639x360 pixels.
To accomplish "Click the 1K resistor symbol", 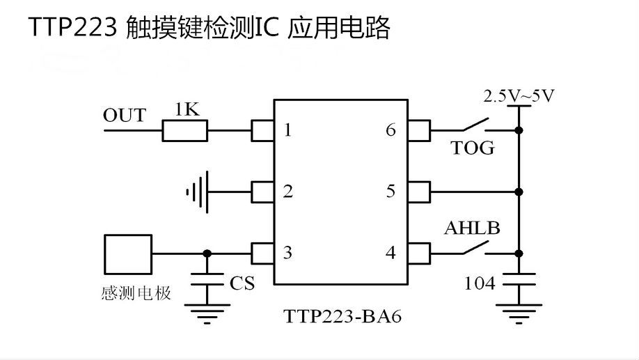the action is pos(185,130).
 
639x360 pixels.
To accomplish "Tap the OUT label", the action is pos(125,116).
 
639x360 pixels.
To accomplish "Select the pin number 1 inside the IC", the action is pos(287,130).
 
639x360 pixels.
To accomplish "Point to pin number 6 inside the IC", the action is pos(390,130).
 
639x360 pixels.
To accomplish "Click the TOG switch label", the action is pos(473,148).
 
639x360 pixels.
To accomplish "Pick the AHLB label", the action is pos(472,228).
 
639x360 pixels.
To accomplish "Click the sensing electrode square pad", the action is pos(128,254).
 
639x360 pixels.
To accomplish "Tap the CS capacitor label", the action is pos(242,283).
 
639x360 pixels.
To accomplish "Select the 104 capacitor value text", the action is pos(480,283).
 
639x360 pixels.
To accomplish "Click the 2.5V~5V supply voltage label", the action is pos(519,96).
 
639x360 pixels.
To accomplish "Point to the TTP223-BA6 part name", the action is pos(342,316).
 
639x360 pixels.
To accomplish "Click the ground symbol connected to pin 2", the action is pos(198,191).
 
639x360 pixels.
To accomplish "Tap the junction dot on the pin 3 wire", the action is pos(207,253).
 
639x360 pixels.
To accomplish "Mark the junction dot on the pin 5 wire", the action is pos(519,191).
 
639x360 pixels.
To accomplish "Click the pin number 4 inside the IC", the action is pos(390,253).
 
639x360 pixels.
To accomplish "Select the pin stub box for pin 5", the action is pos(418,191).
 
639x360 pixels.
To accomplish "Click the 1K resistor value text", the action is pos(187,110).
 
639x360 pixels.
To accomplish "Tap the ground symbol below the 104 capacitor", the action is pos(519,313).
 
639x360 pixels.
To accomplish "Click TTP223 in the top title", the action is pos(72,28).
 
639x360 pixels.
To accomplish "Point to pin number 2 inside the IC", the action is pos(287,191).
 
